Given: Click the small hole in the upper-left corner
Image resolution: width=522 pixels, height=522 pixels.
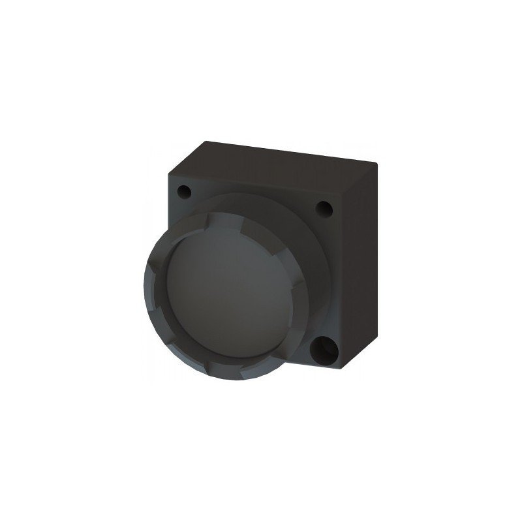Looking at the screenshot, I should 185,192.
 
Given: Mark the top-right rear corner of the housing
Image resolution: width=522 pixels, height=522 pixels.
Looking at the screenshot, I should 378,161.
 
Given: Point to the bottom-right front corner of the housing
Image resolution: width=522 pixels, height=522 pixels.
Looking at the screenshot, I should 341,370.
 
